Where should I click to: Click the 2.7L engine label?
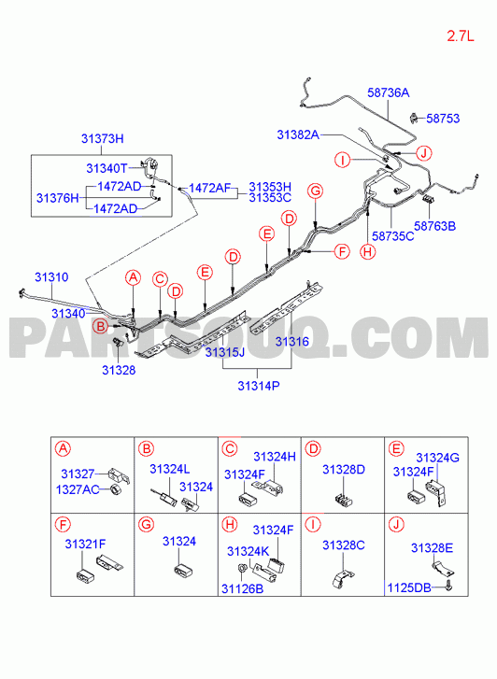(x=461, y=35)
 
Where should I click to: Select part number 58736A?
(x=389, y=92)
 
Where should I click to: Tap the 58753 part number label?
(x=443, y=119)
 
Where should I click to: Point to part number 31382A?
(x=298, y=134)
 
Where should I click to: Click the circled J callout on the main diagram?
(x=423, y=153)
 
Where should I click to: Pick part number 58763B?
(x=435, y=226)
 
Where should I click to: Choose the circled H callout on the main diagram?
(x=368, y=251)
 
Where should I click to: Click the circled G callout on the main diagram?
(x=315, y=191)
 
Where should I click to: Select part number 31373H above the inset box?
(x=102, y=138)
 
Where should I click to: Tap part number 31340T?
(x=107, y=168)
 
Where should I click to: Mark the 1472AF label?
(x=209, y=188)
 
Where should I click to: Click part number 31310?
(x=51, y=277)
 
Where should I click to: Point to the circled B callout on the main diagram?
(x=101, y=326)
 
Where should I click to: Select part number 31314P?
(x=258, y=386)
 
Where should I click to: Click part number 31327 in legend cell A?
(x=78, y=474)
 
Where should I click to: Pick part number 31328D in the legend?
(x=344, y=470)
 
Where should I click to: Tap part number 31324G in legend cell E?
(x=437, y=458)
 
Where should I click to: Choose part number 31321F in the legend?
(x=85, y=544)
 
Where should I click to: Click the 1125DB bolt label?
(x=409, y=588)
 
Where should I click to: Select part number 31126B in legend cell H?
(x=243, y=589)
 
